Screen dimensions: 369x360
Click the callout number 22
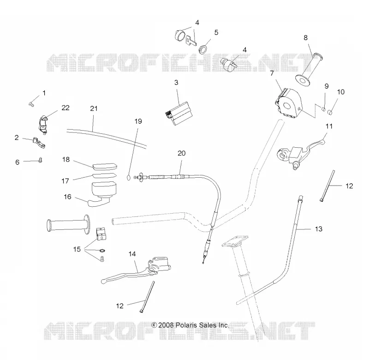tap(65, 108)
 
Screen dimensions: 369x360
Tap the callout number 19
tap(138, 121)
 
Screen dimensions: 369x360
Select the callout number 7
tap(272, 73)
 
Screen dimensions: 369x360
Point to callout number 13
tap(318, 229)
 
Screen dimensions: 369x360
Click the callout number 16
tap(67, 197)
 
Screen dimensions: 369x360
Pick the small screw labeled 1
tap(31, 104)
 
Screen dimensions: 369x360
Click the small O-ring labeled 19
tap(128, 177)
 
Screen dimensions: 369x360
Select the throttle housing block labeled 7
tap(289, 103)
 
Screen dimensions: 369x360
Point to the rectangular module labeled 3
tap(179, 113)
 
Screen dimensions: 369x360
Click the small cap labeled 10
tap(330, 111)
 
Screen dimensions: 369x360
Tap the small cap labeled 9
tap(323, 108)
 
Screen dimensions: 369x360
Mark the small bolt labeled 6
tap(41, 160)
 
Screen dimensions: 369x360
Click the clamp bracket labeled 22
tap(43, 124)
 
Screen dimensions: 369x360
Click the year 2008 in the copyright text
tap(166, 325)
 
